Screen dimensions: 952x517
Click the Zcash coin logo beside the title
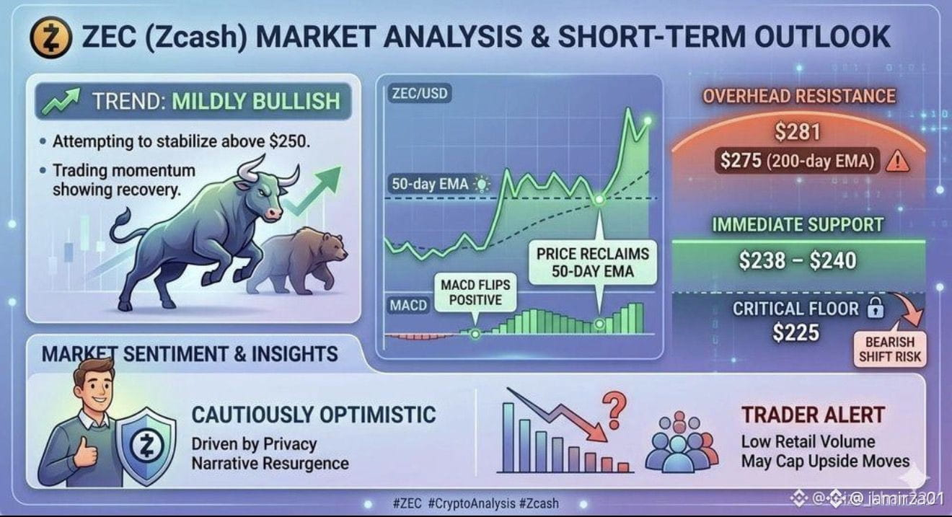pyautogui.click(x=50, y=37)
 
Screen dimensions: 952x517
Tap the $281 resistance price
pyautogui.click(x=798, y=132)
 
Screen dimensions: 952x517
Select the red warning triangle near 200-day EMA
pyautogui.click(x=897, y=162)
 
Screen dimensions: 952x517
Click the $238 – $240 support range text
pyautogui.click(x=798, y=260)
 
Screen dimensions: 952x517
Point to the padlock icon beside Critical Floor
pyautogui.click(x=876, y=308)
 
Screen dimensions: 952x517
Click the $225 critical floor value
pyautogui.click(x=795, y=332)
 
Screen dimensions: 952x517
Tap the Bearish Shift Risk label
pyautogui.click(x=890, y=350)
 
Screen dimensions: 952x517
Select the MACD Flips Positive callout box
pyautogui.click(x=475, y=293)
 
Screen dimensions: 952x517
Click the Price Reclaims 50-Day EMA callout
pyautogui.click(x=592, y=262)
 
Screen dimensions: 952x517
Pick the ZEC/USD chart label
pyautogui.click(x=420, y=94)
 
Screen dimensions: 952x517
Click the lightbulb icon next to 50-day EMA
pyautogui.click(x=482, y=185)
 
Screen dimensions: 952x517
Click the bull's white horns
pyautogui.click(x=268, y=170)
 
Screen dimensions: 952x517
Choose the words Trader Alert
pyautogui.click(x=813, y=415)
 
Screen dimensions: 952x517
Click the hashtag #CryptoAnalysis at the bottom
pyautogui.click(x=472, y=504)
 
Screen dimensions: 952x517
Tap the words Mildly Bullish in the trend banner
pyautogui.click(x=256, y=102)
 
